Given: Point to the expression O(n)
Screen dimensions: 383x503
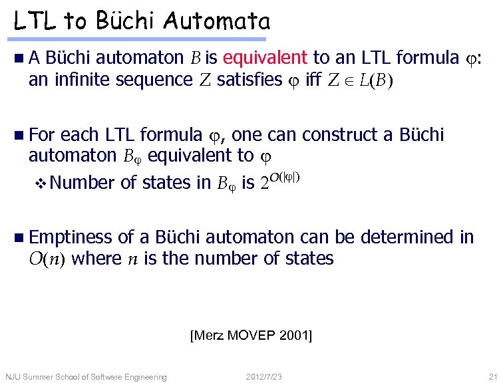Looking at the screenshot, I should (x=46, y=259).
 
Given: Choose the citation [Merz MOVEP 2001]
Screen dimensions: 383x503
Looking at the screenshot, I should (x=251, y=334).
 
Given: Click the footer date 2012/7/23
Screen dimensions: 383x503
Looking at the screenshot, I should (x=264, y=377).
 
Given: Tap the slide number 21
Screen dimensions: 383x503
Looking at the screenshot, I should (x=492, y=377).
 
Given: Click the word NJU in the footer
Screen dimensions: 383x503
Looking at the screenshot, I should (x=13, y=377).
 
